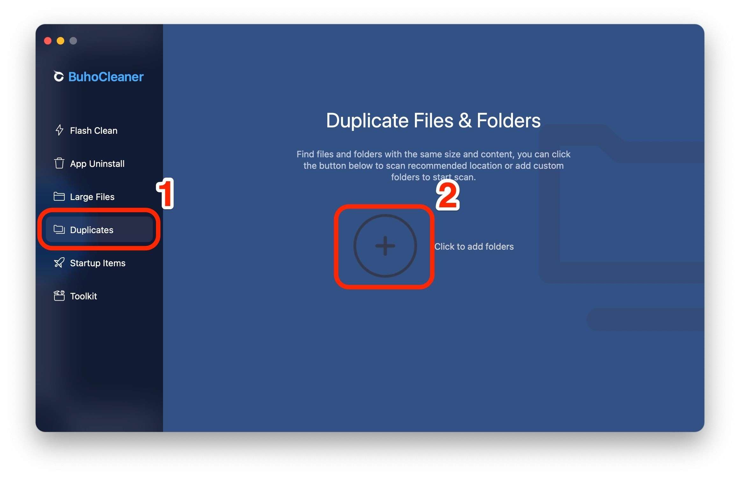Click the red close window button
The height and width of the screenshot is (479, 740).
tap(48, 41)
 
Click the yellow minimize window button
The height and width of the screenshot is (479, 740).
tap(60, 41)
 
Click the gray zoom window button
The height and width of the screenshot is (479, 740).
tap(73, 41)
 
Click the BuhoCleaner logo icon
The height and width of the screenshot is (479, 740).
tap(59, 76)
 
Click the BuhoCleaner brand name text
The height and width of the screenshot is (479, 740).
tap(106, 77)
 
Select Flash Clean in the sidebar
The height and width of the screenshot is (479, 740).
tap(94, 131)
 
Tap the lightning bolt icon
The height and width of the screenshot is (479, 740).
tap(59, 130)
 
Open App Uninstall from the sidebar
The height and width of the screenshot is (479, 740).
tap(97, 164)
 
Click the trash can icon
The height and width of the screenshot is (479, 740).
tap(59, 163)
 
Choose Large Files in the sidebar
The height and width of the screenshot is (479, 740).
tap(92, 197)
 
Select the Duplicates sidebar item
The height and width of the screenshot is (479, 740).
tap(99, 230)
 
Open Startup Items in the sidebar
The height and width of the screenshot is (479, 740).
tap(98, 263)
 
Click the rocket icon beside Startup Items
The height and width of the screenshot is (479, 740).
tap(59, 262)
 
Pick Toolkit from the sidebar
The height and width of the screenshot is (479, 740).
tap(83, 296)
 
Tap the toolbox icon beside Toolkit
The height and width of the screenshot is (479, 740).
tap(59, 296)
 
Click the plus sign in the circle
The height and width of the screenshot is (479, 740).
tap(385, 246)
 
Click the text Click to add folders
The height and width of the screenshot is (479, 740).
tap(474, 247)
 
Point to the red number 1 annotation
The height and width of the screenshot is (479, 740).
tap(165, 193)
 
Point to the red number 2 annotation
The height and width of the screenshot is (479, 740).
tap(448, 195)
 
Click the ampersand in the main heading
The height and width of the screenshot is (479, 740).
tap(465, 120)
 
